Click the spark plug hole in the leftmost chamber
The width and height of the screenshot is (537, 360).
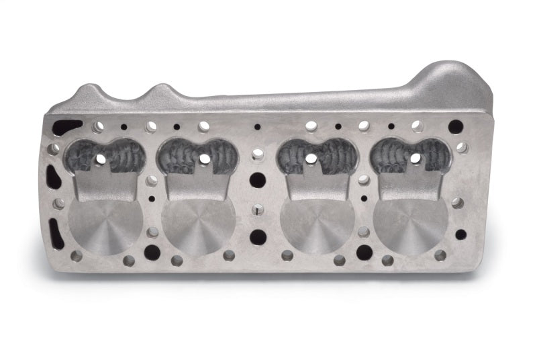pyautogui.click(x=101, y=159)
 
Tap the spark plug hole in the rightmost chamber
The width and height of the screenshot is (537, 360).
pyautogui.click(x=415, y=159)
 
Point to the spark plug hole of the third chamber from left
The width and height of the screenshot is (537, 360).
pyautogui.click(x=311, y=159)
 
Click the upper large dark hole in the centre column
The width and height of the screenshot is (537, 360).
pyautogui.click(x=257, y=179)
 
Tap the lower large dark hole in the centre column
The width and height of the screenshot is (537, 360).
pyautogui.click(x=258, y=237)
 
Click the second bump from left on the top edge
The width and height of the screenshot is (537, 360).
pyautogui.click(x=161, y=90)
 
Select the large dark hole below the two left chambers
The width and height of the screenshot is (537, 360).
pyautogui.click(x=152, y=253)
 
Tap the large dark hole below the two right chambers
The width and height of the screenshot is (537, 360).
pyautogui.click(x=364, y=253)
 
